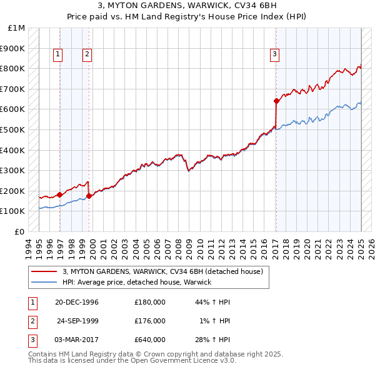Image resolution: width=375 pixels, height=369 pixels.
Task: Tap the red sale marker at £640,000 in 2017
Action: [276, 101]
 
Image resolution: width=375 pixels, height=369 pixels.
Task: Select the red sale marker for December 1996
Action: [59, 195]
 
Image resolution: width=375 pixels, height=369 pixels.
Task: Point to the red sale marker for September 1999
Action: [89, 196]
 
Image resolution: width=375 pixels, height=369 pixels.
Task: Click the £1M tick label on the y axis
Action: [16, 28]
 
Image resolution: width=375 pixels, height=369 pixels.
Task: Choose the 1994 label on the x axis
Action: [29, 246]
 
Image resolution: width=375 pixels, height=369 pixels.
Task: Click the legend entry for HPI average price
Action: [136, 282]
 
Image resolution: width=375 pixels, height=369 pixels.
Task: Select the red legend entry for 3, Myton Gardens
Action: [166, 271]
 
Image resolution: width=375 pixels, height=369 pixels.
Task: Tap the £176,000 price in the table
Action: [149, 321]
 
